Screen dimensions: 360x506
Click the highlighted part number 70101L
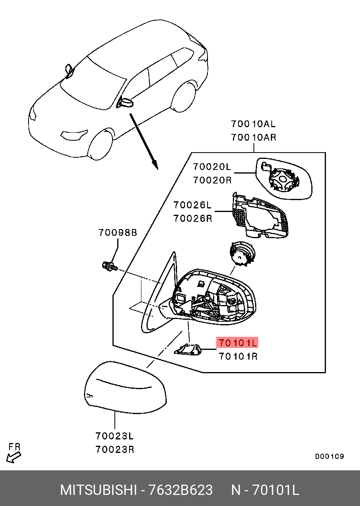(237, 343)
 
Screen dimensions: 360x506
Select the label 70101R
(238, 357)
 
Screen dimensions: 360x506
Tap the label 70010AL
(253, 124)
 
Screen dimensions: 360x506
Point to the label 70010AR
(253, 137)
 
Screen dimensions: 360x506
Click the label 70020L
(212, 167)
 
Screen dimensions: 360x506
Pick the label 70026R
(192, 218)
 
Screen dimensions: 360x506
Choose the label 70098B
(118, 233)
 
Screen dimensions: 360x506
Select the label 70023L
(114, 436)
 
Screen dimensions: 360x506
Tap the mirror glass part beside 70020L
(284, 178)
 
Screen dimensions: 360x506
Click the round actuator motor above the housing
(242, 253)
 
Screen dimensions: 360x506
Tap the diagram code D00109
(330, 456)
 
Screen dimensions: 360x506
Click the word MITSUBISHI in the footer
(99, 490)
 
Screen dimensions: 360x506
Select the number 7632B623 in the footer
(180, 490)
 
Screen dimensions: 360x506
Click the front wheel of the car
(101, 145)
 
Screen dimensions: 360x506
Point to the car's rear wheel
(184, 97)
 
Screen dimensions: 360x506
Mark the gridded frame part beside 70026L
(260, 216)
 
